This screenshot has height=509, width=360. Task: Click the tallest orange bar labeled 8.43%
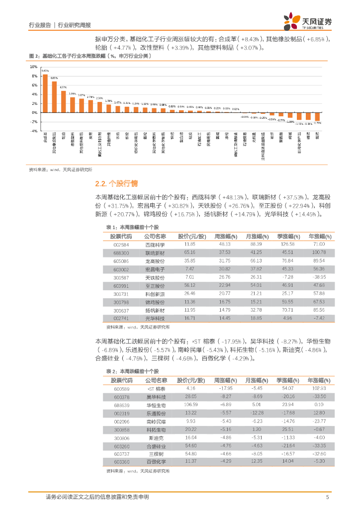pos(45,93)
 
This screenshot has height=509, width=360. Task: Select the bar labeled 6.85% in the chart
pos(54,97)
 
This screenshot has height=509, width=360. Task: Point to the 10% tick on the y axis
pos(34,67)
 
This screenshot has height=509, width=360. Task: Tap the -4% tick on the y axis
pos(34,131)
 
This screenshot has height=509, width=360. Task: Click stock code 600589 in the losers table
pos(121,388)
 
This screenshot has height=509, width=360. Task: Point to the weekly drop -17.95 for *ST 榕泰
pos(225,388)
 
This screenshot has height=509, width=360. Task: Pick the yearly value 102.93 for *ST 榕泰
pos(319,388)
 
